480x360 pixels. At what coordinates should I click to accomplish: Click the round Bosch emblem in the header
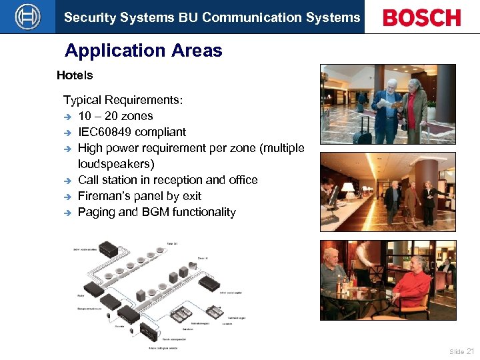pos(27,17)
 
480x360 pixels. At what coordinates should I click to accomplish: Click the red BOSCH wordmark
pos(421,17)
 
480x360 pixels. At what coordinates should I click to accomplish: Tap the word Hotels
pos(75,75)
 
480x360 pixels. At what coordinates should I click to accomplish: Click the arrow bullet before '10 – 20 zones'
pos(67,117)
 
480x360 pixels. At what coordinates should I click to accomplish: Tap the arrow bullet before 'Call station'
pos(67,181)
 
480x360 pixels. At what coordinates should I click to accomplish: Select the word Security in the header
pos(87,17)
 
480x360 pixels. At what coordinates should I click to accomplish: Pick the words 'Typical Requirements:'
pos(123,100)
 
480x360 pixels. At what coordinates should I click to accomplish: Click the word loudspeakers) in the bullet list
pos(116,164)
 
